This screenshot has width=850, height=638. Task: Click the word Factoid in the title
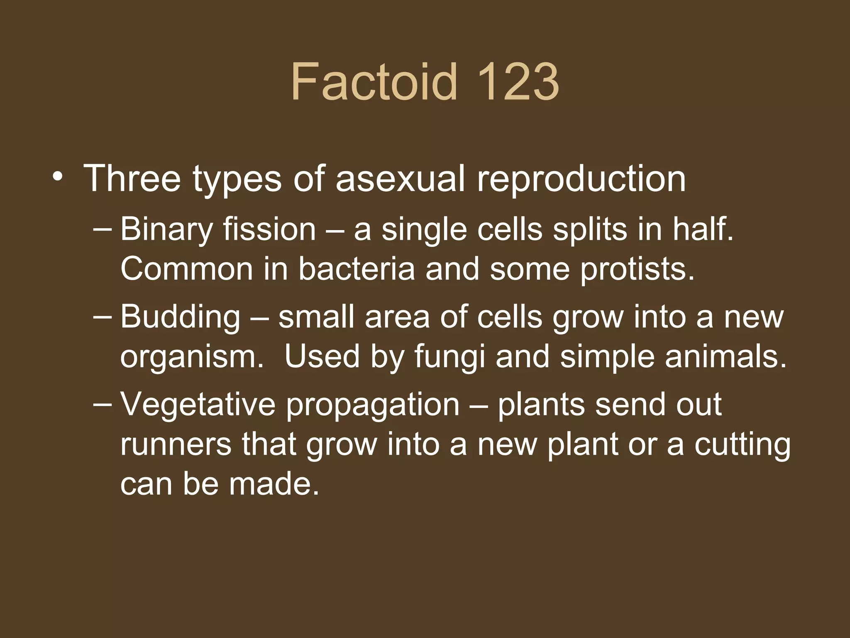point(374,81)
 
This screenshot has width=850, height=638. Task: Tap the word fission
point(269,229)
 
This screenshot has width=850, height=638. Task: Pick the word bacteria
point(357,269)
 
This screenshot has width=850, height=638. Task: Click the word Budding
point(180,317)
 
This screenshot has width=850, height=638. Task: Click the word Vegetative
point(198,405)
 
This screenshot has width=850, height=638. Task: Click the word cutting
point(743,445)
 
